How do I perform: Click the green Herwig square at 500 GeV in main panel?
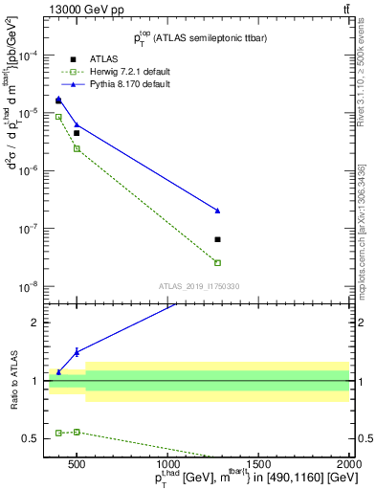point(77,148)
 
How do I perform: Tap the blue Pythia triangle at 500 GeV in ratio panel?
point(77,352)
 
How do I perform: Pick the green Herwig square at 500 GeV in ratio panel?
point(77,432)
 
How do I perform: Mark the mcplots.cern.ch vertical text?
point(363,239)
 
